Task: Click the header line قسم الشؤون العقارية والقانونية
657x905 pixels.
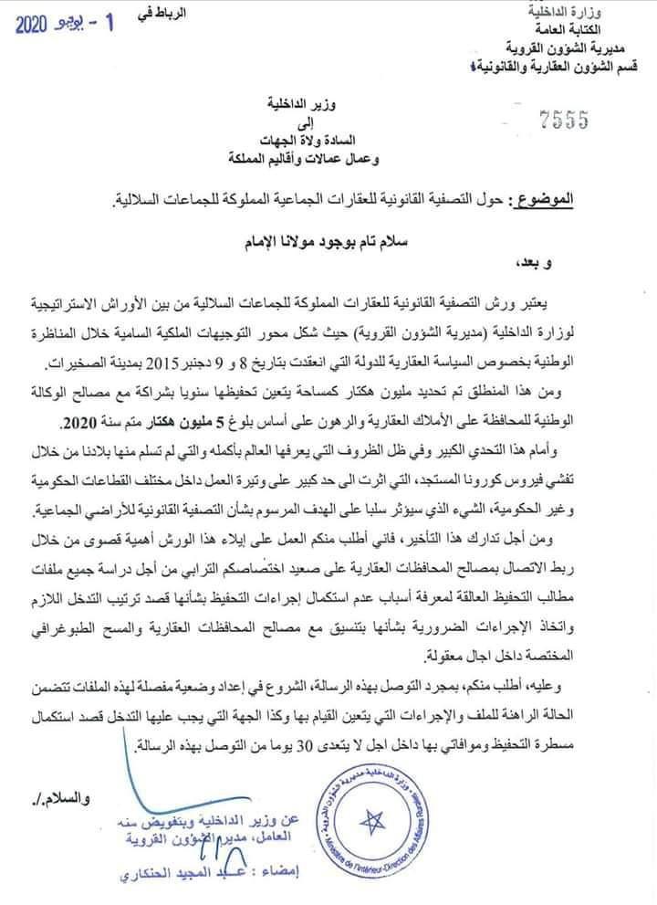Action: (x=552, y=66)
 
